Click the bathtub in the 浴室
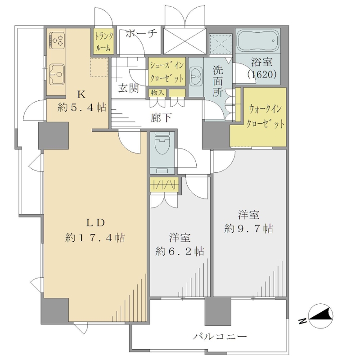point(258,41)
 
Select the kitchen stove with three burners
point(57,40)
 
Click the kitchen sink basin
point(57,74)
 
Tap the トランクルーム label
point(104,41)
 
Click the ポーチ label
point(141,33)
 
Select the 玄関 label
point(128,88)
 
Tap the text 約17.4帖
point(95,238)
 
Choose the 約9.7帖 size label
point(249,229)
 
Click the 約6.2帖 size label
point(180,252)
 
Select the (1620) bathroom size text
point(262,74)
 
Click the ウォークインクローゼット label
point(265,117)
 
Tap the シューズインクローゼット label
point(166,72)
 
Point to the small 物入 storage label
point(157,93)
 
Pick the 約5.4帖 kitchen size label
point(82,107)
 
